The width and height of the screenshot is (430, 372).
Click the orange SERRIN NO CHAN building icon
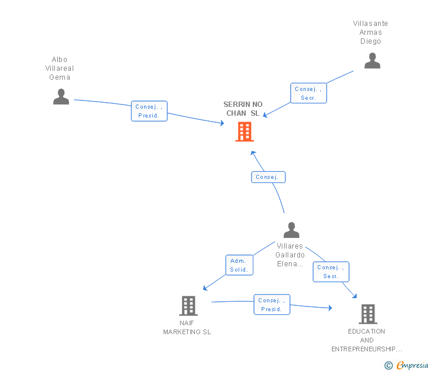coord(245,132)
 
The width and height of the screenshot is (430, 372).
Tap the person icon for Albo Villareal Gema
coord(61,96)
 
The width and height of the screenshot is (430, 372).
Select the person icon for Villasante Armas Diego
coord(372,61)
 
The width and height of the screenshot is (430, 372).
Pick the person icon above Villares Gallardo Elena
coord(291,230)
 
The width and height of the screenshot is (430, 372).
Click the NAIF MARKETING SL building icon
coord(188,306)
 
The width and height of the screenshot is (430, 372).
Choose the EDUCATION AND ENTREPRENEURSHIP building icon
coord(368,314)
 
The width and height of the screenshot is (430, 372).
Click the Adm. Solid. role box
coord(239,265)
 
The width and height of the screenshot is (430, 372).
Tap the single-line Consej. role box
coord(268,177)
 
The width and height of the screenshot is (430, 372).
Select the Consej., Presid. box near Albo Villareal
coord(149,111)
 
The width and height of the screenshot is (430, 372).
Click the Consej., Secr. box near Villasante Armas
coord(308,93)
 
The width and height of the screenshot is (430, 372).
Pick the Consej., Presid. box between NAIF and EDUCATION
coord(272,305)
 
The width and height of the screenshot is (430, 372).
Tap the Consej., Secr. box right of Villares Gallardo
coord(331,272)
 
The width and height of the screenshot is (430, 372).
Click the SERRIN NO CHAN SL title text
coord(243,109)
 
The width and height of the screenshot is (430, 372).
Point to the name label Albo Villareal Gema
coord(60,68)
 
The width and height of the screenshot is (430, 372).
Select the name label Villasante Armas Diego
coord(370,32)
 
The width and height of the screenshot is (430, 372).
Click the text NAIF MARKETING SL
coord(187,327)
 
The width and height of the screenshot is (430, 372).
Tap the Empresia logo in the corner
coord(412,366)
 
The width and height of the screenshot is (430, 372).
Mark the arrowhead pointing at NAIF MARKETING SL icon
coord(204,288)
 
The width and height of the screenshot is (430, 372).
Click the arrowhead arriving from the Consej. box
coord(253,153)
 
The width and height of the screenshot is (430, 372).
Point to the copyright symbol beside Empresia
coord(389,366)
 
